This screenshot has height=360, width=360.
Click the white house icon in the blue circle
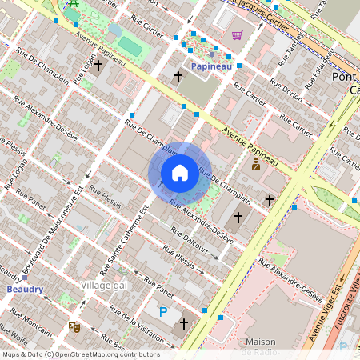(180, 172)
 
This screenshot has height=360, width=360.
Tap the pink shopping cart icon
(237, 35)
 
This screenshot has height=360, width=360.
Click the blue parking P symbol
(164, 312)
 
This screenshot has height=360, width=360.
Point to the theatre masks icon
(74, 326)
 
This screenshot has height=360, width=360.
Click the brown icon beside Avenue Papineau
(255, 165)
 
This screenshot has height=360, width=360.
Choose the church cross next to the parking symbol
(184, 323)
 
